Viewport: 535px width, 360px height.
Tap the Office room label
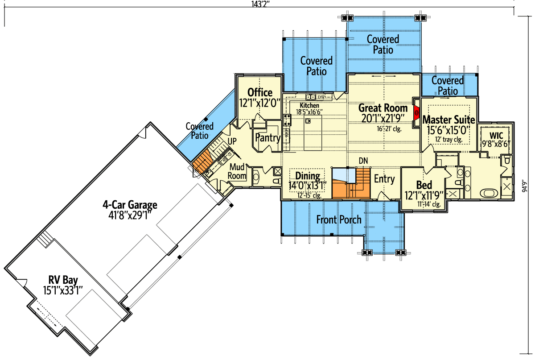tap(259, 92)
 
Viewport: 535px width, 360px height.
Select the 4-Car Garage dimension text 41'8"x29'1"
tap(130, 215)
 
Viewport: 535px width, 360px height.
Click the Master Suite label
tap(449, 120)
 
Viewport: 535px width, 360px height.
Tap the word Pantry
tap(267, 138)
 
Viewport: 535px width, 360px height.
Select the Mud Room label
tap(237, 171)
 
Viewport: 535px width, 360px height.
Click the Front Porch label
tap(339, 219)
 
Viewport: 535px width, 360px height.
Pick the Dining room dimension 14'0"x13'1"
tap(308, 185)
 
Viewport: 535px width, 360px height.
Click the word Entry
tap(384, 179)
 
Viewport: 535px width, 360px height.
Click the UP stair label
tap(232, 141)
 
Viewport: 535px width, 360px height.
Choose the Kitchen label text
tap(309, 105)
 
